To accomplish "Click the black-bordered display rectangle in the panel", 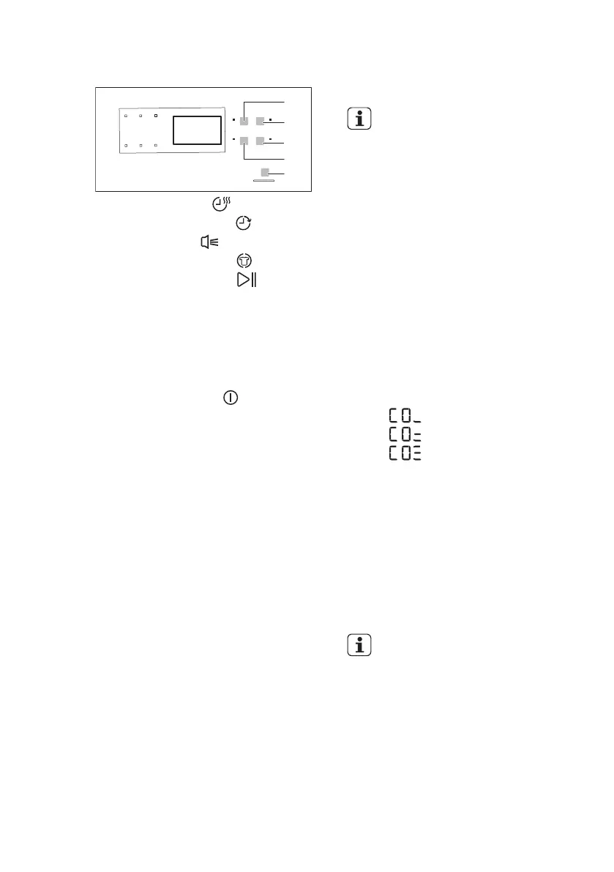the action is click(197, 130).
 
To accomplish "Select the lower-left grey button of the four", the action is click(244, 141).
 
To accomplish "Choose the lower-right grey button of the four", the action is click(259, 141).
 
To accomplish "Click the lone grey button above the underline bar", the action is click(264, 173).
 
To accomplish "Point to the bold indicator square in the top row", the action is click(156, 116).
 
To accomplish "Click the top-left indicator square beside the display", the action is click(126, 116).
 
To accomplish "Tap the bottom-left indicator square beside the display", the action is click(126, 146).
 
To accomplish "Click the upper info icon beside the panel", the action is click(359, 119).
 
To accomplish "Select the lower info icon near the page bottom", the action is click(359, 646).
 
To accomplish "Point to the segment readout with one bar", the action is click(405, 416).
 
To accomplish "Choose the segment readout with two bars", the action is click(405, 435).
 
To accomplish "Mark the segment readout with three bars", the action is click(405, 453).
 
